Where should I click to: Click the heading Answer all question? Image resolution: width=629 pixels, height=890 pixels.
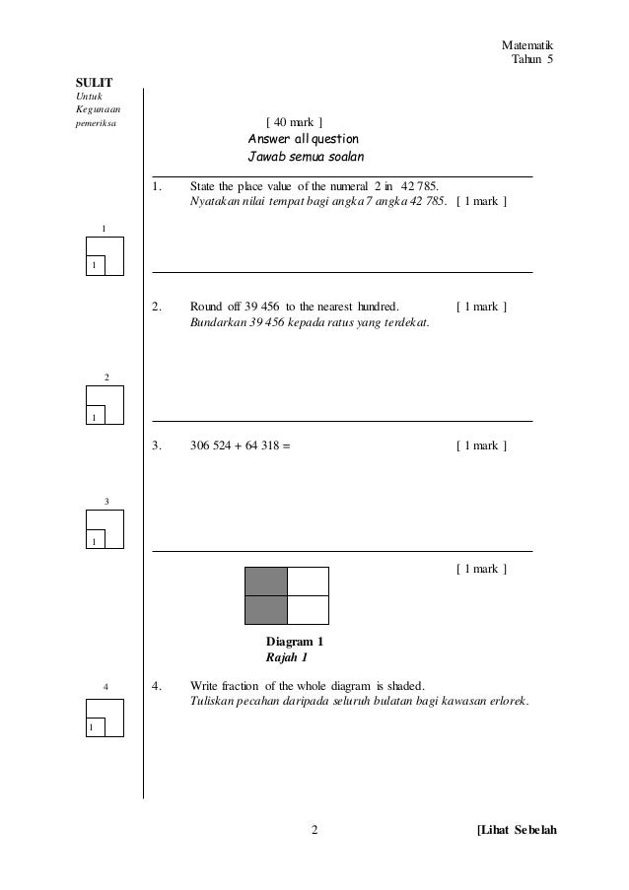pos(303,139)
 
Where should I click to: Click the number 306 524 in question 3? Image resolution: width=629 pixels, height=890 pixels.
pos(211,445)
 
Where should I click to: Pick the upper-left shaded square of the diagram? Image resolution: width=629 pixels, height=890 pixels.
pos(266,582)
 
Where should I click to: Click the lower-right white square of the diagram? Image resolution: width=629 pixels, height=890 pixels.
pos(308,610)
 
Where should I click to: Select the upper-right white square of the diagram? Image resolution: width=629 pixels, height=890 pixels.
pos(308,582)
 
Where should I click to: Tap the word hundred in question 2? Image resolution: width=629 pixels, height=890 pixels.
pos(373,307)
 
